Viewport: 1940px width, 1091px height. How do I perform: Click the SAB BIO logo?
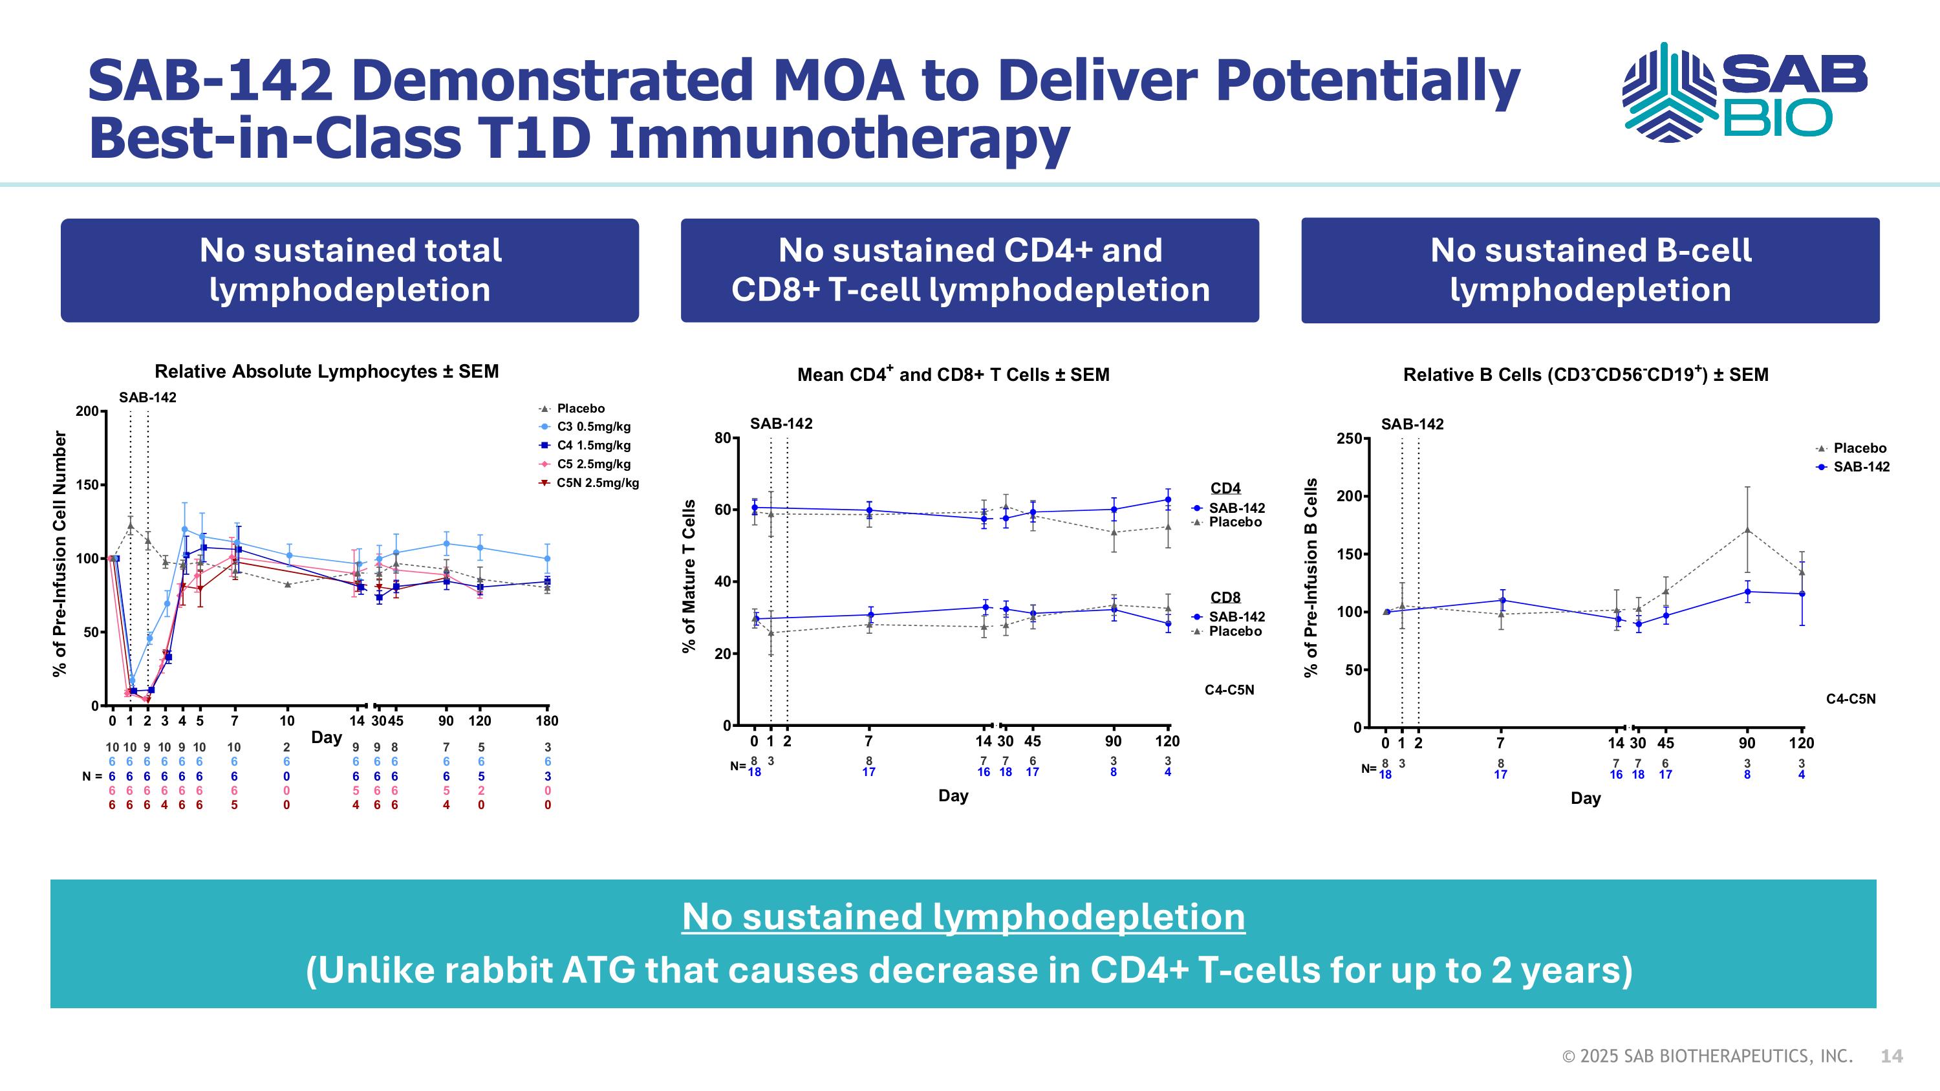click(1743, 92)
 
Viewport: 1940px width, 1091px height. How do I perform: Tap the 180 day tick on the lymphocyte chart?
click(546, 721)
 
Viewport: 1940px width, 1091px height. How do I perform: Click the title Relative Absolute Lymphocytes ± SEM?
click(326, 372)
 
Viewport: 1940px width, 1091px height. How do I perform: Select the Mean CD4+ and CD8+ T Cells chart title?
click(953, 375)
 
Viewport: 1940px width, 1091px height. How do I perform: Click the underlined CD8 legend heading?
click(1225, 598)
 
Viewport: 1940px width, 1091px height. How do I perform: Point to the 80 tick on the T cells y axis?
click(722, 438)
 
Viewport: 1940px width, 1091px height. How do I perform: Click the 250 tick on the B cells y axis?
click(1349, 438)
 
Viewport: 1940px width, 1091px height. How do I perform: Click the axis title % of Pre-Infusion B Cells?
click(1311, 578)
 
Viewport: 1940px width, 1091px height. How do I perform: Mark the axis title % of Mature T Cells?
click(688, 576)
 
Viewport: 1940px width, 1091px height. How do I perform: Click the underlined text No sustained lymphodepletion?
click(964, 917)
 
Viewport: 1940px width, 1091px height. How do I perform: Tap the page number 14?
click(1891, 1056)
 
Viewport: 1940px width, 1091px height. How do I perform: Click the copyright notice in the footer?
click(1707, 1056)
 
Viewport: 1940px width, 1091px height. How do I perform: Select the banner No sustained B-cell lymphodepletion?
click(1590, 270)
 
